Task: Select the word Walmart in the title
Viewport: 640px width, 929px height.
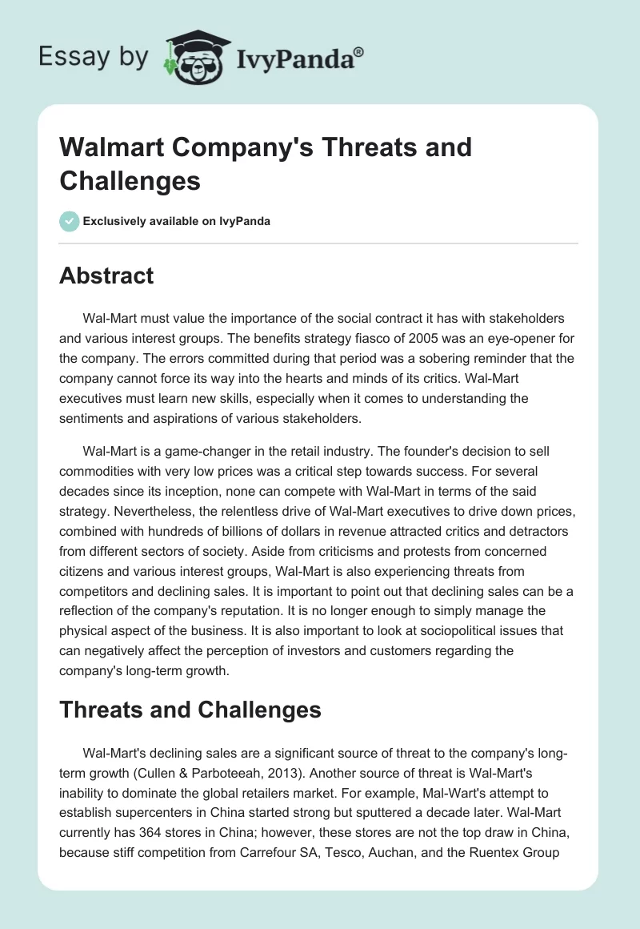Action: (111, 147)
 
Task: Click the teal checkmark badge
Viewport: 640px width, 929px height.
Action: (69, 221)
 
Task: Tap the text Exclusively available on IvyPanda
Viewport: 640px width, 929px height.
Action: (175, 222)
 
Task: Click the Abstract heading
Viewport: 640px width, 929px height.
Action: (106, 276)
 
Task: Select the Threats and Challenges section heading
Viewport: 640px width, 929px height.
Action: (190, 709)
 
